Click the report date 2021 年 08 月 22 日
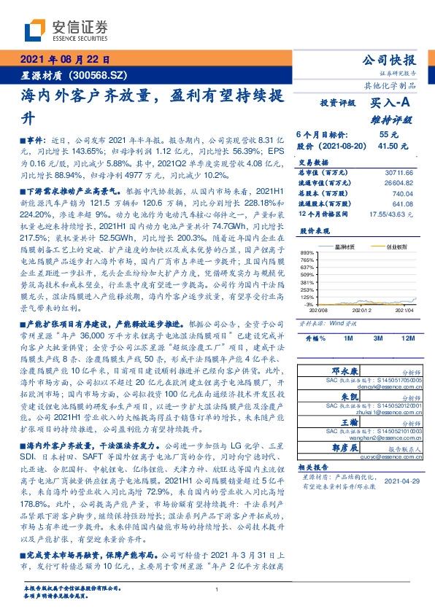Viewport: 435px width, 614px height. click(64, 61)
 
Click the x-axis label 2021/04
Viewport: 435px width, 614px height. click(405, 310)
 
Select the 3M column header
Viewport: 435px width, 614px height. click(377, 339)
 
